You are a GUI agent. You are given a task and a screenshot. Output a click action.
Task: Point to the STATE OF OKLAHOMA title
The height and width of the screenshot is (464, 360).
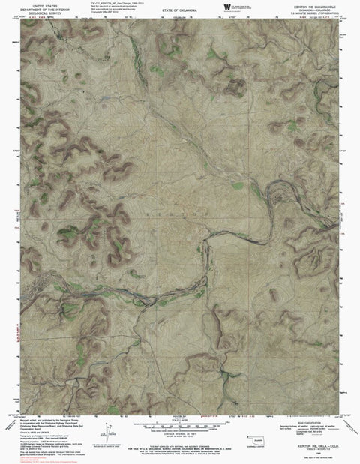point(179,10)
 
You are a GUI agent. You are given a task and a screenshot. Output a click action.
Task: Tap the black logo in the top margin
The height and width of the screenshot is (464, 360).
point(226,7)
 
